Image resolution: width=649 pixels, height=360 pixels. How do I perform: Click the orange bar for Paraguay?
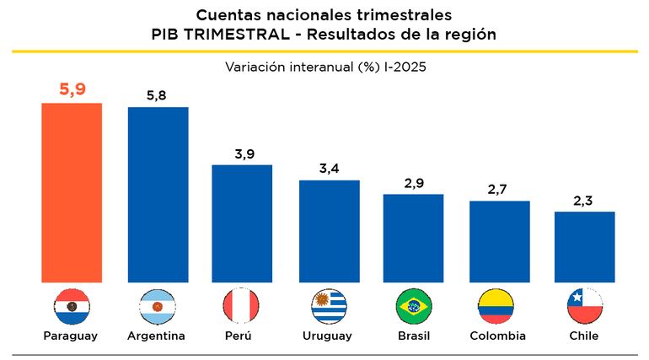[x=72, y=192]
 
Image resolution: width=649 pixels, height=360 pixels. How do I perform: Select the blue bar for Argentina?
[x=158, y=194]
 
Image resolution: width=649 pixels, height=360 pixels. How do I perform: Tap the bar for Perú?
[x=242, y=223]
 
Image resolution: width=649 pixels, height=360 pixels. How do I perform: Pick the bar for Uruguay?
[x=330, y=231]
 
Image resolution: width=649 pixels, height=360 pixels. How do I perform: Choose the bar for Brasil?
[x=414, y=238]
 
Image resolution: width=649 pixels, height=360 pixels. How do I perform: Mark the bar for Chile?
[x=584, y=246]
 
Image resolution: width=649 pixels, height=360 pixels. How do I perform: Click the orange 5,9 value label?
[x=72, y=89]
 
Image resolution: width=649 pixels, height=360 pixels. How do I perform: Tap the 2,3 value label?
[x=584, y=200]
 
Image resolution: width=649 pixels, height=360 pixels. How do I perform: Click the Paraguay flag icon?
[x=72, y=305]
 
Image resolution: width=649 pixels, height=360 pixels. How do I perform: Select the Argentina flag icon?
[x=158, y=305]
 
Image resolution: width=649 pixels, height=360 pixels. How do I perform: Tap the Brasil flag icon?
[x=414, y=305]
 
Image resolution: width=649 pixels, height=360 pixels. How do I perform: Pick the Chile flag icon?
[x=584, y=305]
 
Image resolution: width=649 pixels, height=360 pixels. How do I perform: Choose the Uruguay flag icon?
[x=330, y=305]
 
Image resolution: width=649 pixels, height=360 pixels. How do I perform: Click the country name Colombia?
[x=498, y=336]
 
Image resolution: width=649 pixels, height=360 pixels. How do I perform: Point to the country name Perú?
[x=240, y=336]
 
